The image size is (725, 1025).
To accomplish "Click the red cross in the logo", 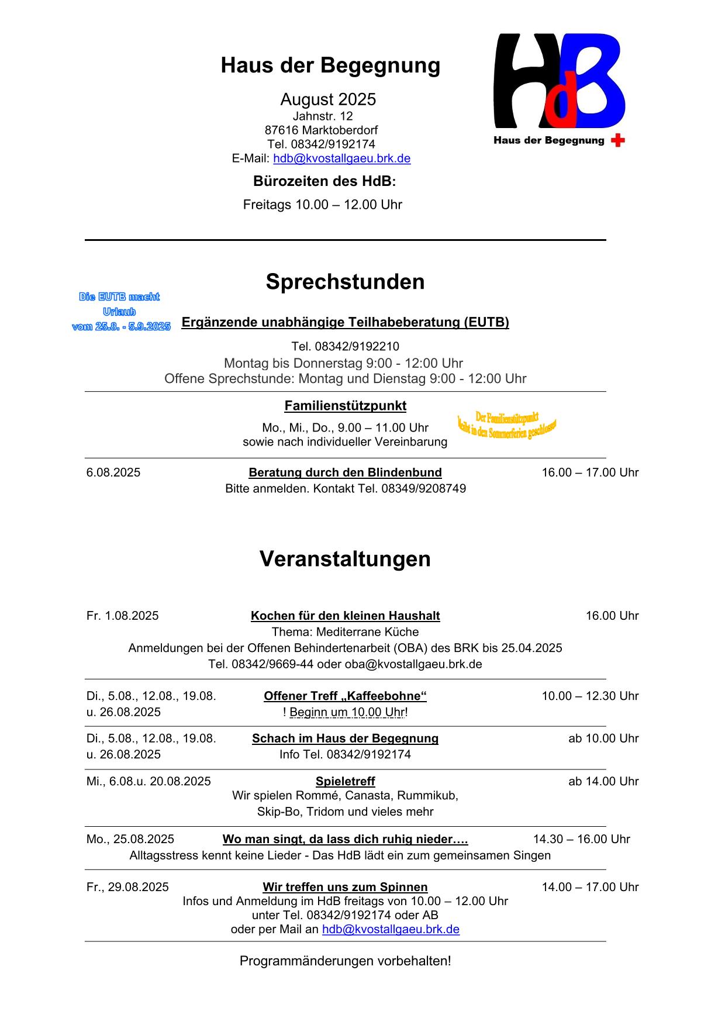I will pos(617,140).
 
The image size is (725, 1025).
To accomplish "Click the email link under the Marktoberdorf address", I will pos(341,158).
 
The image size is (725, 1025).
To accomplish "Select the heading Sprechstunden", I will pos(345,282).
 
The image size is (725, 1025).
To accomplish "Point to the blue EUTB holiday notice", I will pos(121,312).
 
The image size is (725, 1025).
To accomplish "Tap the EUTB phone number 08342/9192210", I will pos(345,346).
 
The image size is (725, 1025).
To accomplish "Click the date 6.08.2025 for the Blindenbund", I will pos(113,472).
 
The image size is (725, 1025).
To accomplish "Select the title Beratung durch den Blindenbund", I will pos(345,472).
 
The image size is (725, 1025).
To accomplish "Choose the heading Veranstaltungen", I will pos(345,559).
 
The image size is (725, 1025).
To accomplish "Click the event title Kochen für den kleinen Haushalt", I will pos(345,616).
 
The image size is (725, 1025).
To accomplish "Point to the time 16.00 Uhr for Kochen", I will pos(612,616).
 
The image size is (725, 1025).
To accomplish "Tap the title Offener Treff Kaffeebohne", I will pos(345,696).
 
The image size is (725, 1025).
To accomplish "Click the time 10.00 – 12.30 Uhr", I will pos(590,696).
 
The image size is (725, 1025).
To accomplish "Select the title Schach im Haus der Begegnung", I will pos(345,738).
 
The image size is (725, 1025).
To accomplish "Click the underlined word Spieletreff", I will pos(345,781).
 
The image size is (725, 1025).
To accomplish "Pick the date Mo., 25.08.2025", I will pos(130,839).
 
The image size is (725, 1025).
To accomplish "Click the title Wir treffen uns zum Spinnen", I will pos(345,887).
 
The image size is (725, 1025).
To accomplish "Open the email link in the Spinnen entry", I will pos(391,929).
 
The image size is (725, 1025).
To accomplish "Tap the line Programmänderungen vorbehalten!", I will pos(345,961).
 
